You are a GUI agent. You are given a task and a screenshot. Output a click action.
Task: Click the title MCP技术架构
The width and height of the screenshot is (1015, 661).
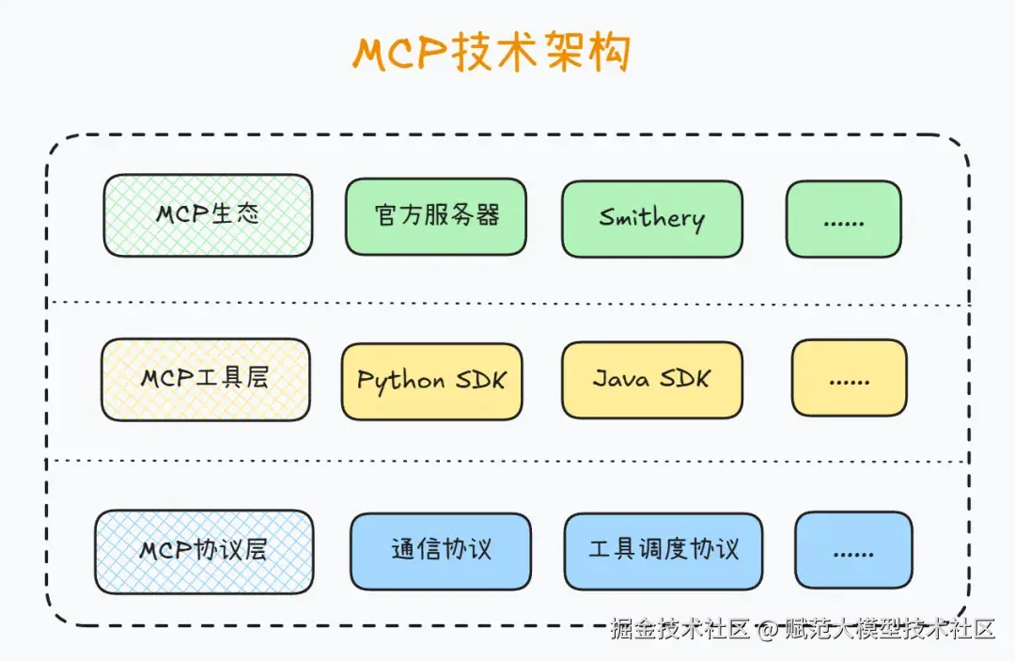tap(491, 54)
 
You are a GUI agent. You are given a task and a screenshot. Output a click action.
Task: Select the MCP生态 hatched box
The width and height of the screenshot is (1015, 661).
tap(208, 215)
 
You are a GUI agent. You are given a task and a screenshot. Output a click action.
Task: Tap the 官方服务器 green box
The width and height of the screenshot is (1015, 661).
tap(436, 217)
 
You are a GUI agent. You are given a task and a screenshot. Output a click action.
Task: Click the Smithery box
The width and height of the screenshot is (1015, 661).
tap(652, 219)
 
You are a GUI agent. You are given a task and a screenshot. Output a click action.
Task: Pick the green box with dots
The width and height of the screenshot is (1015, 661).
tap(843, 219)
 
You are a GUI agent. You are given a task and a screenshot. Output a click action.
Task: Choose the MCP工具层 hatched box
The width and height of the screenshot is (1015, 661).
tap(205, 379)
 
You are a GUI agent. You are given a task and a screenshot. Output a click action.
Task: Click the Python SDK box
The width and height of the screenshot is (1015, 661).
tap(431, 380)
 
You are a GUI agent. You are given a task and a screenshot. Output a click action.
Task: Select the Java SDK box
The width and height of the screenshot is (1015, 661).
tap(652, 379)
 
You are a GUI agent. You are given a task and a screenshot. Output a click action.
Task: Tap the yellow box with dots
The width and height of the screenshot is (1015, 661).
tap(849, 378)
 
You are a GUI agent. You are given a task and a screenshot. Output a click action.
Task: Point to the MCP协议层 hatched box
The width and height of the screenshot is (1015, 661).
tap(204, 551)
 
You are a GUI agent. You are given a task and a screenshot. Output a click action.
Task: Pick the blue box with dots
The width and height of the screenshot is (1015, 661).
tap(853, 551)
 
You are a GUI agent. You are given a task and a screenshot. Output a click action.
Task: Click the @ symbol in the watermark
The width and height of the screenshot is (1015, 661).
tap(768, 629)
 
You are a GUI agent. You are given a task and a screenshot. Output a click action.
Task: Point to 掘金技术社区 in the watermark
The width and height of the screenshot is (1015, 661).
tap(679, 629)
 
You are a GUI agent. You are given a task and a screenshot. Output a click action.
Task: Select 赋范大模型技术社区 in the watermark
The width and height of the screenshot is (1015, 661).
tap(889, 629)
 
